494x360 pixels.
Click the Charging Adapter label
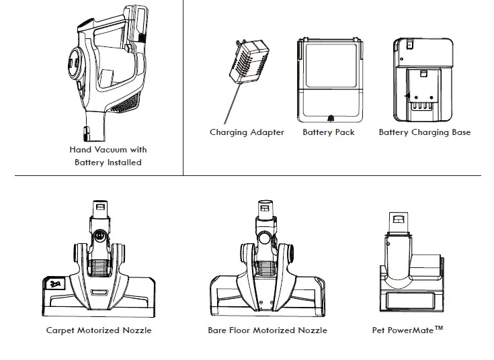pos(247,132)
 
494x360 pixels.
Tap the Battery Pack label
pos(329,132)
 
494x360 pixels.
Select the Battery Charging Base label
pos(425,132)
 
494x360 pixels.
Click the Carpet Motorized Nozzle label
pos(99,330)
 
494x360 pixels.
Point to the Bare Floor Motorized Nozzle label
pos(267,330)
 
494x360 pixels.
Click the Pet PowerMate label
pos(403,330)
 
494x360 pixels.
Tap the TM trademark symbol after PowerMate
pos(439,328)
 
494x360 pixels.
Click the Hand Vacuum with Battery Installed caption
pos(108,156)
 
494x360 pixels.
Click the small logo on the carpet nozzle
pos(52,285)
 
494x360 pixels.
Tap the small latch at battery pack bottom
pos(329,118)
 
